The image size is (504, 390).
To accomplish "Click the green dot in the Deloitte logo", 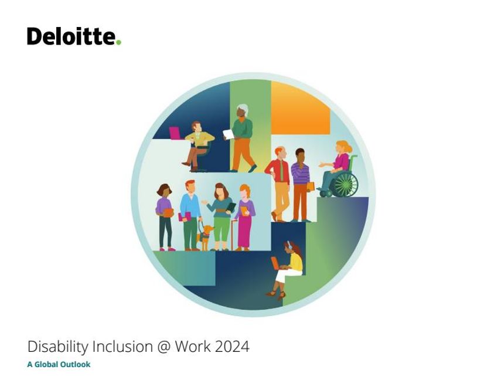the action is tap(118, 42).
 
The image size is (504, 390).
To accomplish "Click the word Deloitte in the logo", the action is tap(71, 36).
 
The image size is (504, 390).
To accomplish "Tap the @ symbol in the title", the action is tap(164, 347).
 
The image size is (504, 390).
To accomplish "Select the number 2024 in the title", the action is tap(232, 347).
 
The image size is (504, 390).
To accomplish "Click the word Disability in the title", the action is tap(58, 347).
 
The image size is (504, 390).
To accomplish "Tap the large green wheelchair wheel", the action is tap(345, 184).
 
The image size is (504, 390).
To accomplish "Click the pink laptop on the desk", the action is tap(175, 133).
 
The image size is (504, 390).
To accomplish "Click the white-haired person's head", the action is tap(242, 111).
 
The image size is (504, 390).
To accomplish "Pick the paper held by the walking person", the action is tap(229, 134).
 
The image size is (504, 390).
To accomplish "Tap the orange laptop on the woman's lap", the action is tap(275, 263).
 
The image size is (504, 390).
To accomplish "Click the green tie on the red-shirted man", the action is tap(281, 171).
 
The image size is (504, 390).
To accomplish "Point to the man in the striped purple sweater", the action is tap(301, 185).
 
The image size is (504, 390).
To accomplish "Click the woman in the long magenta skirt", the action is tap(245, 218).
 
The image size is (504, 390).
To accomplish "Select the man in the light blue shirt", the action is tap(190, 215).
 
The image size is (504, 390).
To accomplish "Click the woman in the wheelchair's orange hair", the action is tap(345, 146).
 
